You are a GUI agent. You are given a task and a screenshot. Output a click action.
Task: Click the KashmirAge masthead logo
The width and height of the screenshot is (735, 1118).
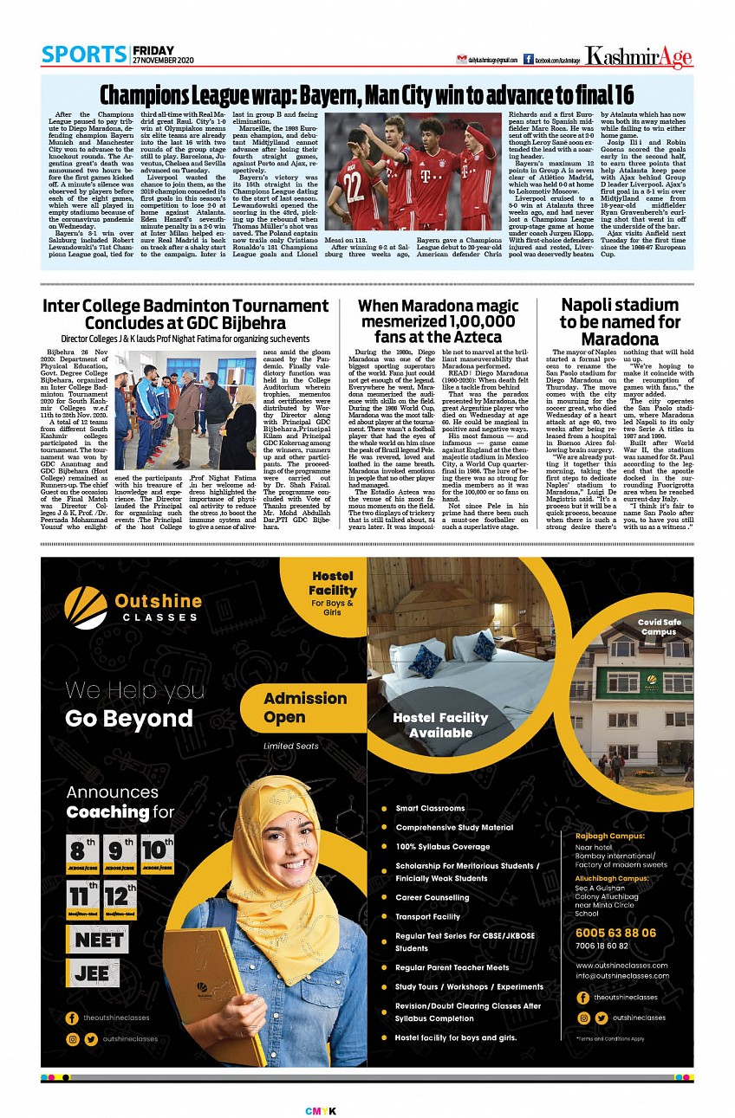(638, 57)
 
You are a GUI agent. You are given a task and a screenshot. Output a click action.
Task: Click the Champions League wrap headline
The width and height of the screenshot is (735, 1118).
(367, 94)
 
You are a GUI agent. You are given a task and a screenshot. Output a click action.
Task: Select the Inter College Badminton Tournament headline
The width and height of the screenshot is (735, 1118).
(185, 314)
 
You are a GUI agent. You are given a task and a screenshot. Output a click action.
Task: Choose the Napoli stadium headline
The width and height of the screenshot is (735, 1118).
(620, 320)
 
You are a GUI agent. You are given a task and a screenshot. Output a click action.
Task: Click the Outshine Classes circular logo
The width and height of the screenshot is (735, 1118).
(86, 606)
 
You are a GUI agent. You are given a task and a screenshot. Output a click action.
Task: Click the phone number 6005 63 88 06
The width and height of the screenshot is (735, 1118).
(615, 933)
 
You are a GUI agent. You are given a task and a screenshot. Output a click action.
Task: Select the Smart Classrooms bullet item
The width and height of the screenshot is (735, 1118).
(430, 808)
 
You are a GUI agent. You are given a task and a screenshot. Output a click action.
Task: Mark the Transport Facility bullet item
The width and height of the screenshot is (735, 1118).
(427, 916)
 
